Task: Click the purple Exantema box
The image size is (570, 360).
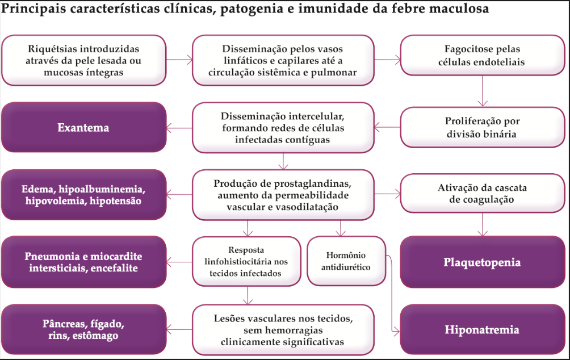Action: (x=83, y=128)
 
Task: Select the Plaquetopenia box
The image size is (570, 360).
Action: (x=482, y=262)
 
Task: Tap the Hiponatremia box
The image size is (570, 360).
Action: (x=482, y=330)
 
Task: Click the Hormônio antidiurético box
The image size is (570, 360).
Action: (x=346, y=261)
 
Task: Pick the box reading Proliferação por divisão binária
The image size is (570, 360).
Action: (x=482, y=128)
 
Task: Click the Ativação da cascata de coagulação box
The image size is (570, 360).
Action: (x=482, y=194)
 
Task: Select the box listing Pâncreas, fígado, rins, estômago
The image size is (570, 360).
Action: (x=83, y=330)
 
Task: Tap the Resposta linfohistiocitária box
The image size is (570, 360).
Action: (x=246, y=261)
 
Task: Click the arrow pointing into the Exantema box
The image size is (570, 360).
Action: (x=179, y=128)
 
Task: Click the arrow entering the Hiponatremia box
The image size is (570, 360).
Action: (x=396, y=330)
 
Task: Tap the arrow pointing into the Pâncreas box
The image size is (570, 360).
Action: (x=179, y=330)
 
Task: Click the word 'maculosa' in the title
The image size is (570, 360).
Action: (x=458, y=10)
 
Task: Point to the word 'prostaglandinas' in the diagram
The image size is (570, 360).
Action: (x=315, y=183)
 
